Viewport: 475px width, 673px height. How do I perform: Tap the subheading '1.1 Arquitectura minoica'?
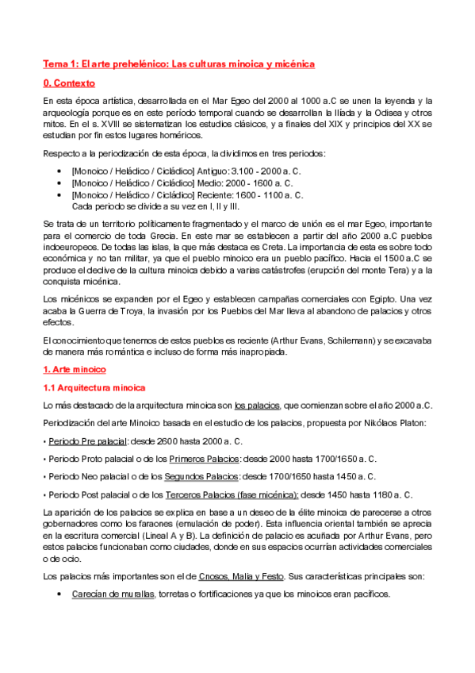(94, 387)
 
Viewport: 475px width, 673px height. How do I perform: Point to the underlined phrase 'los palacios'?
(258, 405)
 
